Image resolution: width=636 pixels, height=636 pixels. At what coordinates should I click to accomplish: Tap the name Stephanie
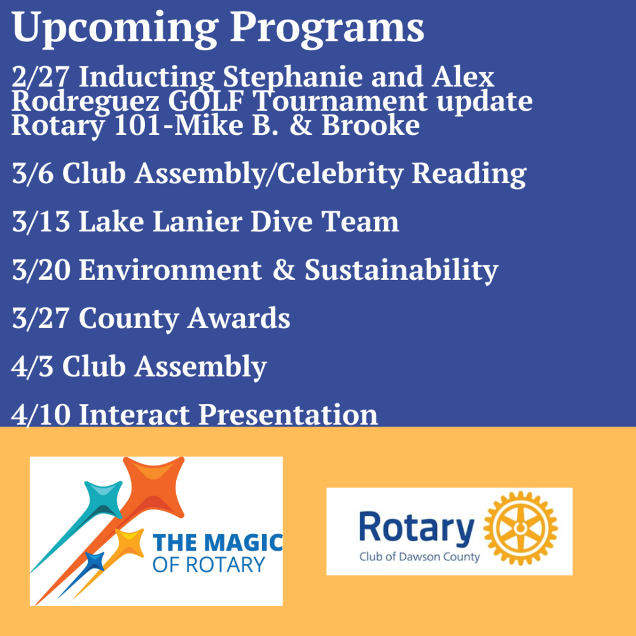pyautogui.click(x=293, y=77)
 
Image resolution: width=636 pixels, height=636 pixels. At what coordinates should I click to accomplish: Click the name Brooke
pyautogui.click(x=371, y=125)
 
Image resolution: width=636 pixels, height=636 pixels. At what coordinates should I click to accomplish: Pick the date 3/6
pyautogui.click(x=32, y=173)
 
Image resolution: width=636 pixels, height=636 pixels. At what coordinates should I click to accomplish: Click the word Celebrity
pyautogui.click(x=340, y=174)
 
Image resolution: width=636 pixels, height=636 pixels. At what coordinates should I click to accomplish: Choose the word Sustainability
pyautogui.click(x=401, y=270)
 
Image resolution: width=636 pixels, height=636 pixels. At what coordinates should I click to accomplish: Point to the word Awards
pyautogui.click(x=238, y=318)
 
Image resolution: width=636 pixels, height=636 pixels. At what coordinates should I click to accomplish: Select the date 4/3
pyautogui.click(x=32, y=366)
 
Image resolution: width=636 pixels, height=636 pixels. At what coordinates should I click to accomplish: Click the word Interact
pyautogui.click(x=134, y=415)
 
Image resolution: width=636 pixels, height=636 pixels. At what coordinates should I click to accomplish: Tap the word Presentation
pyautogui.click(x=288, y=415)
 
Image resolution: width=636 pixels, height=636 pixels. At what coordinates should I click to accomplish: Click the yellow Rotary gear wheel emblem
pyautogui.click(x=521, y=528)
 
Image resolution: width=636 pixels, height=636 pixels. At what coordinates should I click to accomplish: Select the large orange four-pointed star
pyautogui.click(x=154, y=487)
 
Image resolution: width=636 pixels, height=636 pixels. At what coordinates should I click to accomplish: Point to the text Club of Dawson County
pyautogui.click(x=419, y=556)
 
